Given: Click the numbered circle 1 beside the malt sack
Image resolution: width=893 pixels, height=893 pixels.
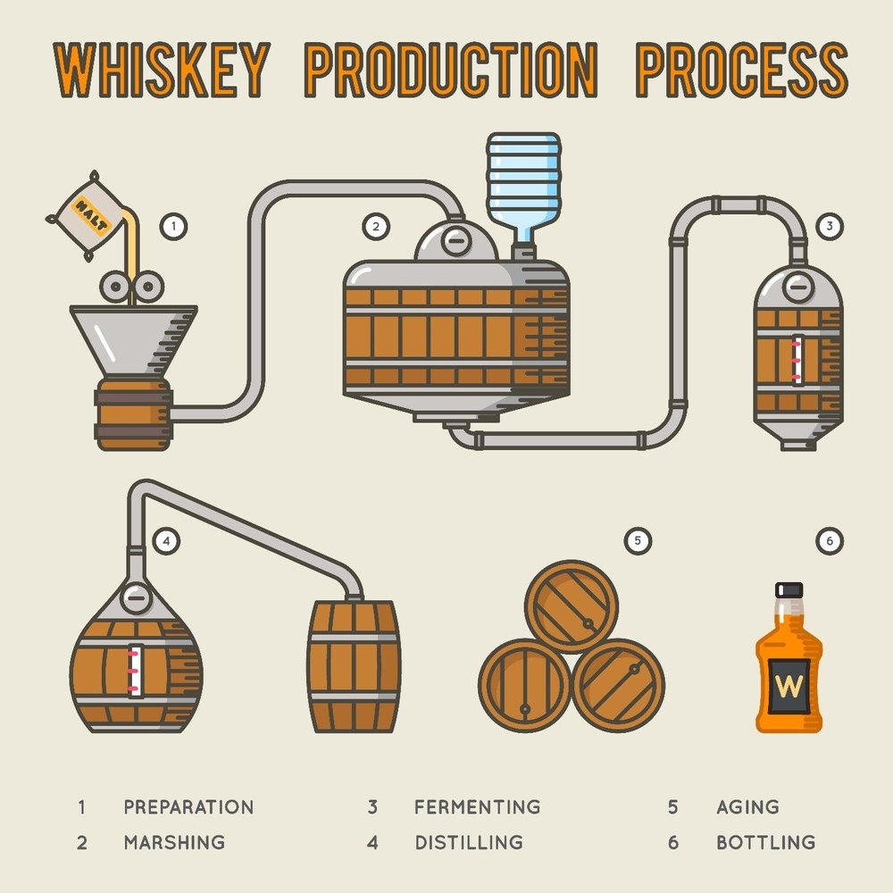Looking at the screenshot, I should tap(173, 227).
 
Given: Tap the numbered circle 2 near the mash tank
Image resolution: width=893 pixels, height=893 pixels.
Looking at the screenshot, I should tap(376, 227).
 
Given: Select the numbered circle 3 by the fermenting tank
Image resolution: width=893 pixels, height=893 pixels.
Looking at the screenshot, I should tap(830, 227).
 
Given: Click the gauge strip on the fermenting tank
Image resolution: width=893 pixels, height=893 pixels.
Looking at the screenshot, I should tap(797, 358).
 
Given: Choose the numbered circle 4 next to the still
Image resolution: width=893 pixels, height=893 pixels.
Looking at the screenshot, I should tap(167, 539).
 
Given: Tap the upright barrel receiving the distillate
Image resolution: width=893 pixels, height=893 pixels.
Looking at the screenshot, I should tap(354, 665).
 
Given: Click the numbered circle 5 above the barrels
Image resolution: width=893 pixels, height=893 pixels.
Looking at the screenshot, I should tap(637, 539).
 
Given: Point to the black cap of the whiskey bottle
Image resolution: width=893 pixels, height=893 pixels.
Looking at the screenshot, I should tap(789, 590).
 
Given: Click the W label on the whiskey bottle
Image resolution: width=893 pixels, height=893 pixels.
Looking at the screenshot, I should tap(789, 687).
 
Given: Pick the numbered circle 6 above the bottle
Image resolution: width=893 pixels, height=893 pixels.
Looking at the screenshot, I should tap(830, 539).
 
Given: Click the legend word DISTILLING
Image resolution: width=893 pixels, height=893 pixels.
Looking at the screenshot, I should tap(469, 842).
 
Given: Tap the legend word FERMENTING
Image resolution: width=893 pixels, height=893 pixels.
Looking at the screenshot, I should tap(477, 807).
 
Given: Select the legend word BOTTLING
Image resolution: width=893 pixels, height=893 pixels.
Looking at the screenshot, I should tap(765, 842).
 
